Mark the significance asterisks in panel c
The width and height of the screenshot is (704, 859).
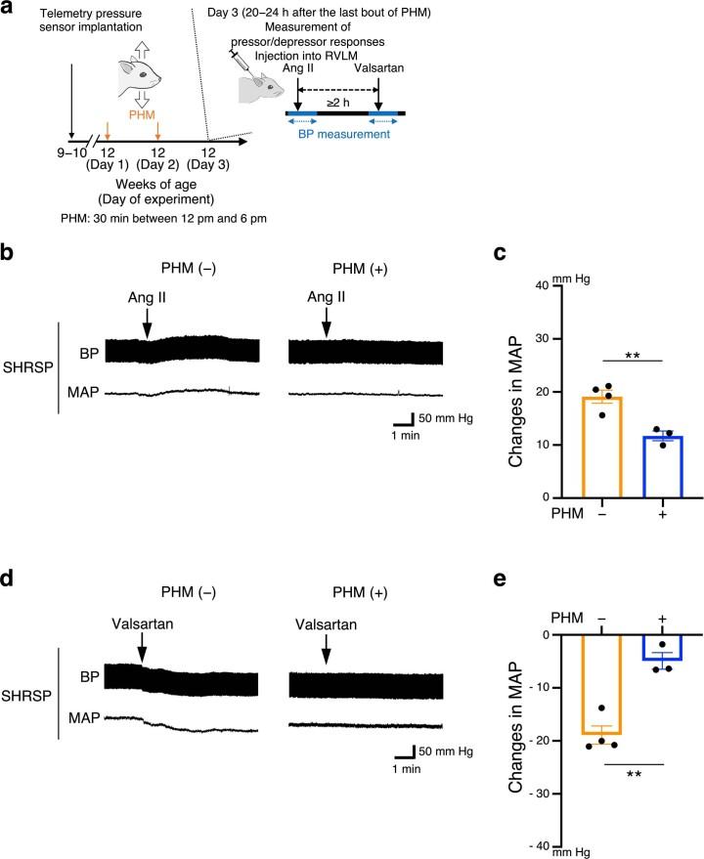coord(608,349)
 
